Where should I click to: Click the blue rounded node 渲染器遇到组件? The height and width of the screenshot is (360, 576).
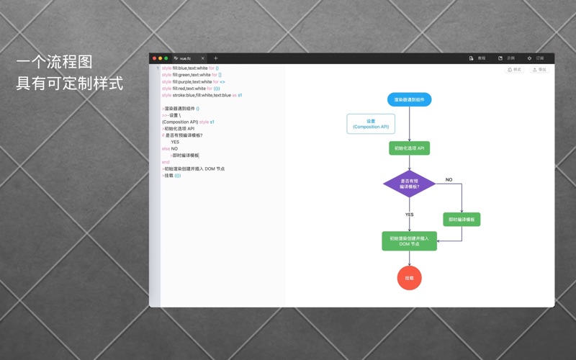409,99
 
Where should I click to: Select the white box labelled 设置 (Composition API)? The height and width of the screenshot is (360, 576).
371,124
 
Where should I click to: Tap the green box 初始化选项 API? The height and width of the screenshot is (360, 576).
409,148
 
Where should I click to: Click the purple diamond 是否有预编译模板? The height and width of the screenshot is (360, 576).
409,184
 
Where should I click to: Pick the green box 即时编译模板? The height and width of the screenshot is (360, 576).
462,220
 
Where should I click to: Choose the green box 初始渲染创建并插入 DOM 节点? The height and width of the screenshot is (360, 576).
409,241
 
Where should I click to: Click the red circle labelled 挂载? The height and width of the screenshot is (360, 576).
409,278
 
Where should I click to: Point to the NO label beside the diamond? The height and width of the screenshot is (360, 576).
449,180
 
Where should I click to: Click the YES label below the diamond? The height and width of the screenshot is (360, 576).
409,215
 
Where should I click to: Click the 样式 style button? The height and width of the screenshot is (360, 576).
514,70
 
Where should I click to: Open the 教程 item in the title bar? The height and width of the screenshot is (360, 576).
477,58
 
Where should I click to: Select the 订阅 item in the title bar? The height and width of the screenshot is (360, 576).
536,58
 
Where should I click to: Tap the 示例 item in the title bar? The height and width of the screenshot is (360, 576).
507,58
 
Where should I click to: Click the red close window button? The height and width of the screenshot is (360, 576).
154,58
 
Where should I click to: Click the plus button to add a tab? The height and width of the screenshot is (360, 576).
215,58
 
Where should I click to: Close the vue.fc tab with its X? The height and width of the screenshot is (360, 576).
203,58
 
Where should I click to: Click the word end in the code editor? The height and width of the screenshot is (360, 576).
166,162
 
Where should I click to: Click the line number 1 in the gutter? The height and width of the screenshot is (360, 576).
158,68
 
